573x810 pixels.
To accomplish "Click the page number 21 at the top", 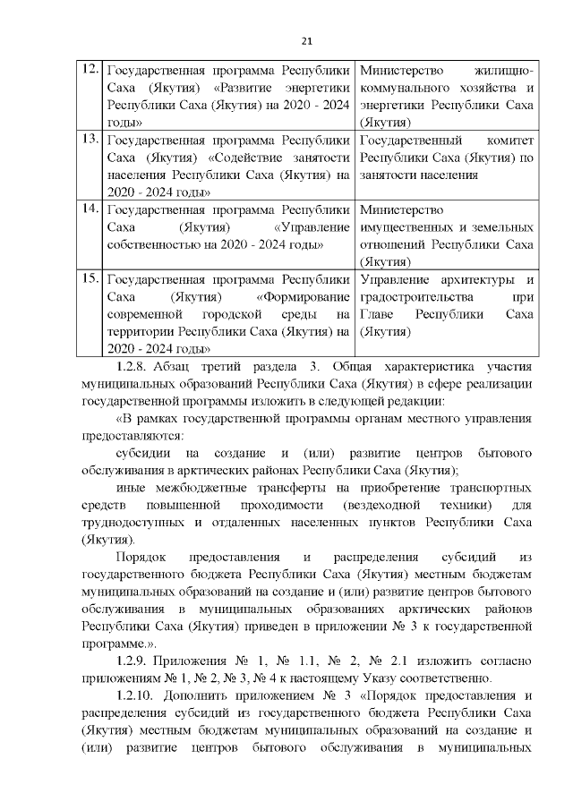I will click(306, 39).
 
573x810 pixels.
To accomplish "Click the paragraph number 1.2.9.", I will click(133, 662).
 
